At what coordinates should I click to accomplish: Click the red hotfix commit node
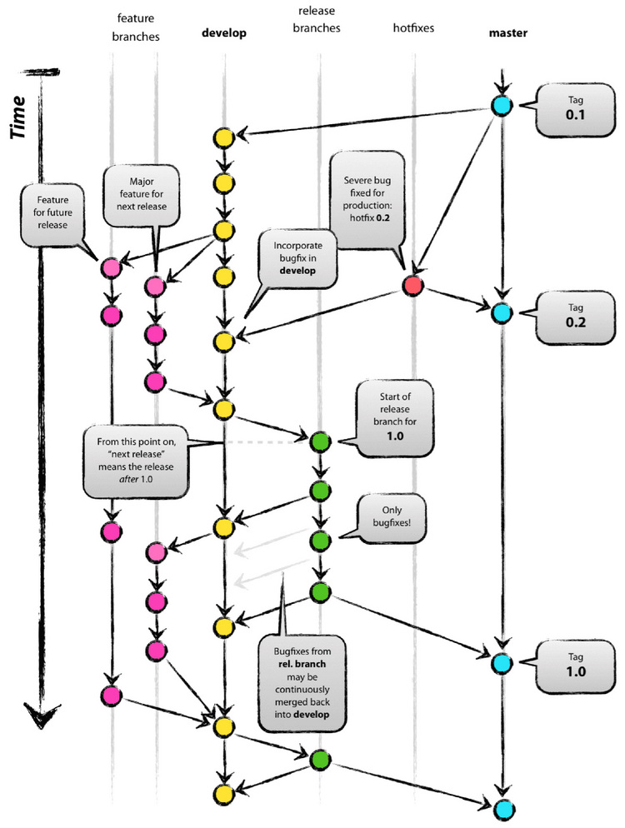pyautogui.click(x=412, y=287)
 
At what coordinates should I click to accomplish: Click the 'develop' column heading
pyautogui.click(x=222, y=32)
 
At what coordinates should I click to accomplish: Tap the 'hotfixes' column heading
pyautogui.click(x=413, y=28)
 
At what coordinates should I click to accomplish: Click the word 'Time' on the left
pyautogui.click(x=23, y=117)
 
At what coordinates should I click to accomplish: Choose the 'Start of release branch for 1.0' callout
pyautogui.click(x=395, y=419)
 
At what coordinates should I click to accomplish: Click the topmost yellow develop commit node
pyautogui.click(x=223, y=137)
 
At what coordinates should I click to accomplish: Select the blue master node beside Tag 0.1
pyautogui.click(x=501, y=106)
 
